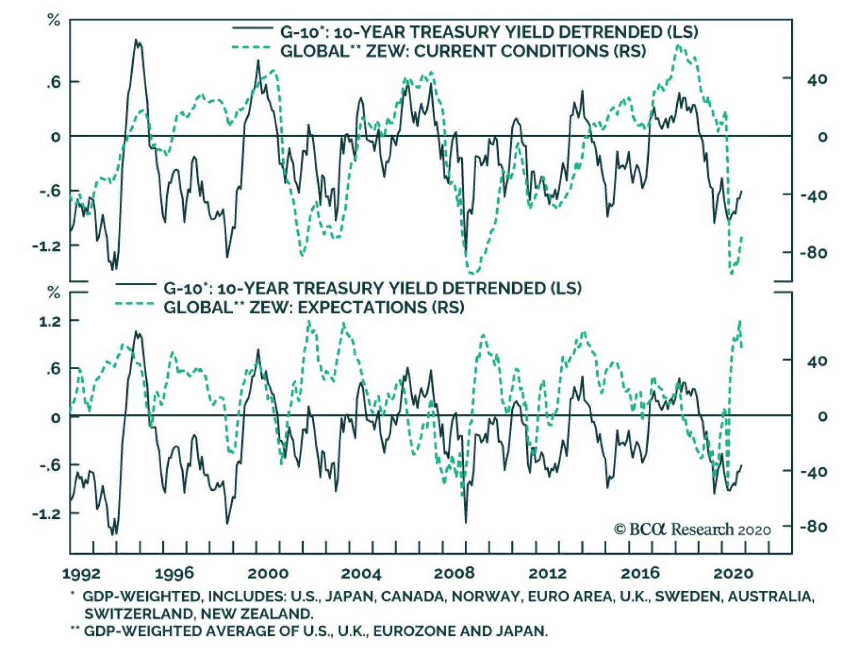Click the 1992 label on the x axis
(81, 574)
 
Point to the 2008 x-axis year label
(454, 574)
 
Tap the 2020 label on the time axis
(733, 574)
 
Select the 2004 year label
(361, 574)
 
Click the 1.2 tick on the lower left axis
(50, 322)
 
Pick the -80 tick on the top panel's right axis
(813, 252)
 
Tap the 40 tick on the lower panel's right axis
(817, 361)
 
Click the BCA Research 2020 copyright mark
(692, 530)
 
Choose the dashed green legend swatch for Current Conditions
(251, 48)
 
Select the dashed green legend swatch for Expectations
(134, 305)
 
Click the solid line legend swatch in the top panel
(251, 29)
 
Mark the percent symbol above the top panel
(54, 20)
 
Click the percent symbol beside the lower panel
(54, 293)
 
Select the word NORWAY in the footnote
(485, 596)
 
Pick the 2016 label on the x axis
(640, 574)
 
